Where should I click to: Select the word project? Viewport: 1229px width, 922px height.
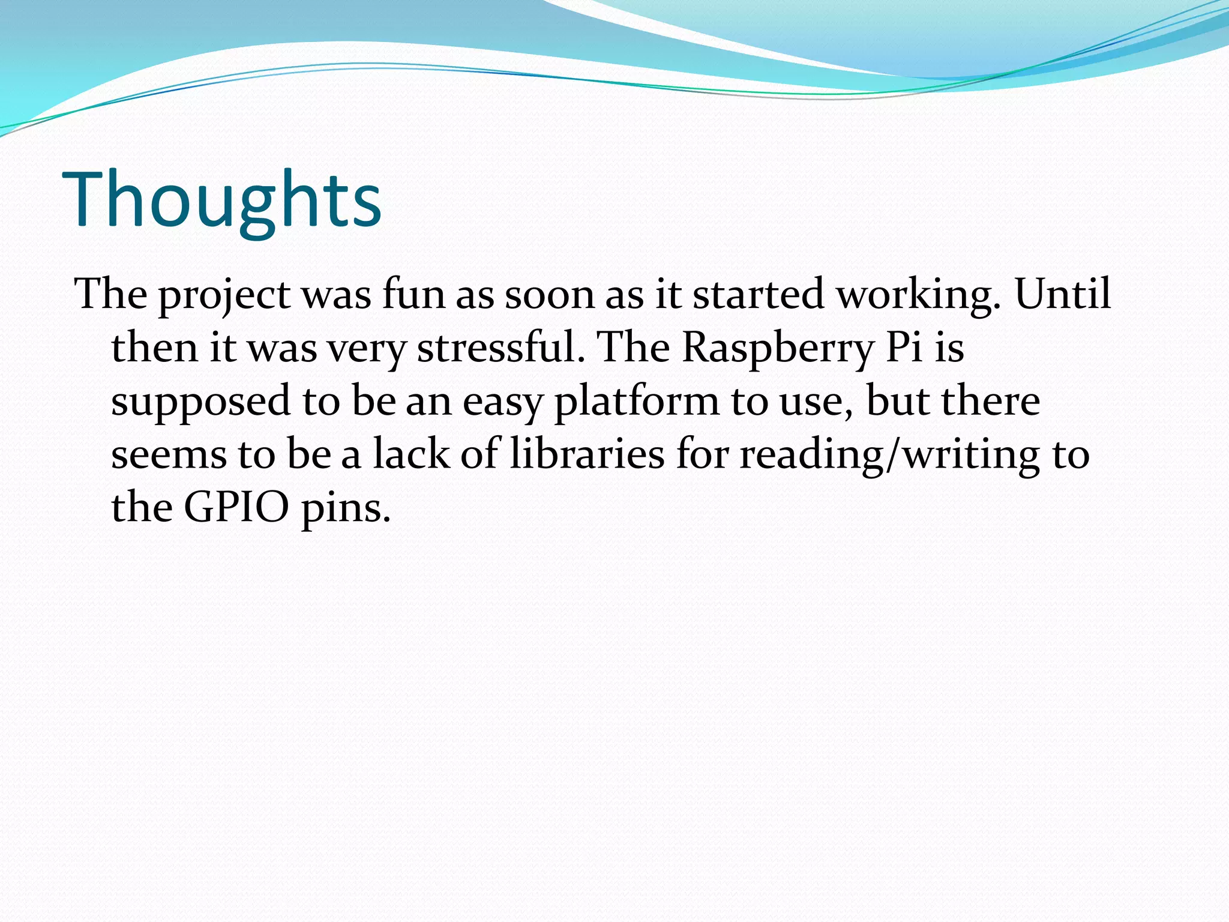click(x=224, y=295)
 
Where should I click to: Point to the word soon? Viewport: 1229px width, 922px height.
click(x=549, y=295)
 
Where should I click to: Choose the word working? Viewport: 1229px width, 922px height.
click(x=919, y=295)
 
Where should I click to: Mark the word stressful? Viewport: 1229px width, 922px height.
click(x=500, y=348)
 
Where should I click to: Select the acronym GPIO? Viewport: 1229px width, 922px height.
click(x=236, y=508)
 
